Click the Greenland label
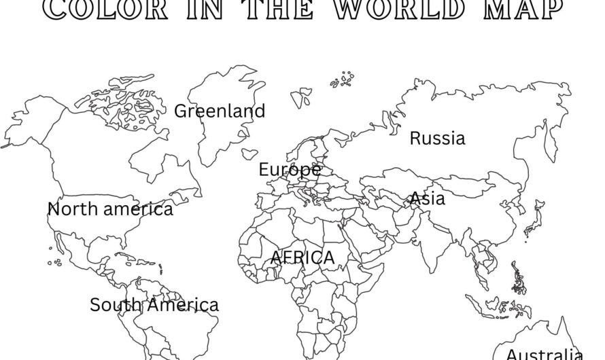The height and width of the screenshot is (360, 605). [x=220, y=111]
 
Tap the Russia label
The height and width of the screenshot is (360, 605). [x=438, y=139]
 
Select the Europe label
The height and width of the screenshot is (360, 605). [x=290, y=169]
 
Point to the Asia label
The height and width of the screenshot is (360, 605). [x=427, y=198]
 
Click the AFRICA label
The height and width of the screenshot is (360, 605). [x=302, y=258]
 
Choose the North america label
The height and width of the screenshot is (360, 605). [x=110, y=209]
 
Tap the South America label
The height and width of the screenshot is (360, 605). [x=154, y=305]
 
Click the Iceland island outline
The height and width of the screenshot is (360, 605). [x=249, y=155]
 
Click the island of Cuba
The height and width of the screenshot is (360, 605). [x=127, y=253]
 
